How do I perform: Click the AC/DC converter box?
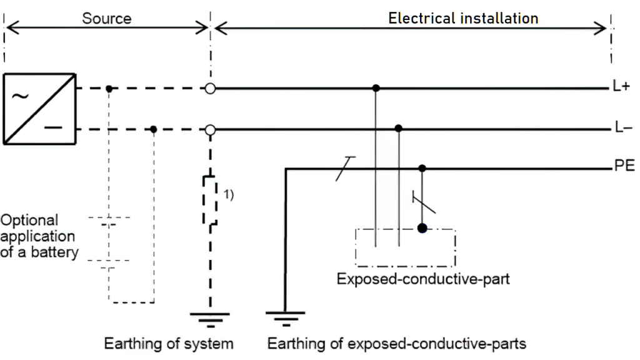(40, 109)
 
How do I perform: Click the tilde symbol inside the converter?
(20, 96)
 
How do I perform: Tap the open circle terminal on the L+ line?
(211, 89)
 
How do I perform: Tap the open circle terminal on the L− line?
(211, 130)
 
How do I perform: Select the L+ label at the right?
(621, 88)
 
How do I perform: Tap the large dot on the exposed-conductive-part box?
(422, 228)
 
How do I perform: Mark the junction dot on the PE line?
(422, 168)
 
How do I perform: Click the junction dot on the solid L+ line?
(375, 89)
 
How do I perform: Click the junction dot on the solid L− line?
(399, 129)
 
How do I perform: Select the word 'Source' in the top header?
(107, 18)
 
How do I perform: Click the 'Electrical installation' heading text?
(463, 18)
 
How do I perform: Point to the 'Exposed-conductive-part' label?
(423, 279)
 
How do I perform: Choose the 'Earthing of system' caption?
(169, 344)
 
